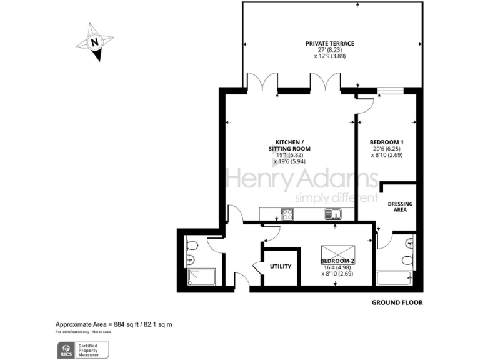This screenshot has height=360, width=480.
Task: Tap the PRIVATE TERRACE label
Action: [x=329, y=44]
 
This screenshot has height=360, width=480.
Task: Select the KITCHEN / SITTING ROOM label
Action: [x=289, y=145]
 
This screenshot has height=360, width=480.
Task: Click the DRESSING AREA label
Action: [x=400, y=207]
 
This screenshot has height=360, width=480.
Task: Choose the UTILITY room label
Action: [x=281, y=267]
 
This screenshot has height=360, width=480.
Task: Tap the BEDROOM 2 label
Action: [x=337, y=261]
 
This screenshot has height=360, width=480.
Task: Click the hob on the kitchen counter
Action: [x=288, y=215]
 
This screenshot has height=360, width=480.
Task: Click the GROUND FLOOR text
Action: [x=397, y=302]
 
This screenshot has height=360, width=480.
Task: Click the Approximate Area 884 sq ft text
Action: [x=114, y=324]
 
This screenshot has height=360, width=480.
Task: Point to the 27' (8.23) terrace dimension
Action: [x=329, y=50]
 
